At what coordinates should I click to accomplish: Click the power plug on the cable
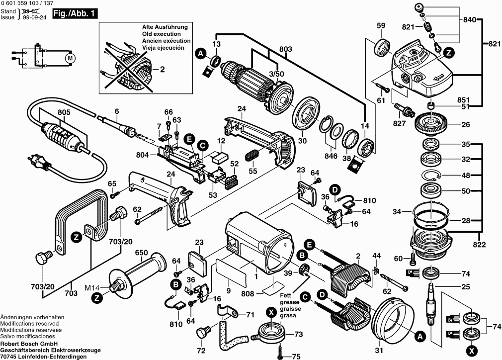click(38, 162)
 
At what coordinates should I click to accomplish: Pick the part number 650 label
click(141, 253)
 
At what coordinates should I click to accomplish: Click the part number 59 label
click(381, 26)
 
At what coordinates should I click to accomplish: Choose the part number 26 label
click(465, 124)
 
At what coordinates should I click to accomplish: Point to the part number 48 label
click(465, 175)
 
